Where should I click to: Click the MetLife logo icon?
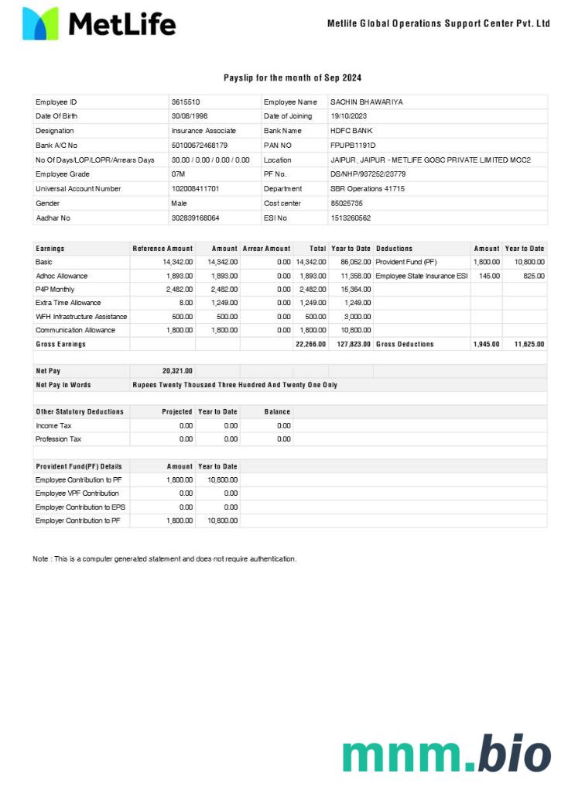(40, 24)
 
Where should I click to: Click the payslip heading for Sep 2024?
(292, 77)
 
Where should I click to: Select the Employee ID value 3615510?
(186, 102)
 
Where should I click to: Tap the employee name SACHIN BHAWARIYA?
(366, 102)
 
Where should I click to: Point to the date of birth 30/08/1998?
(190, 116)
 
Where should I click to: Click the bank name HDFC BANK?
(351, 131)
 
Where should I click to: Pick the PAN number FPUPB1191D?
(353, 146)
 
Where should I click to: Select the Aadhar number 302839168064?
(195, 218)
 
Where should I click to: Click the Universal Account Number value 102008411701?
(195, 189)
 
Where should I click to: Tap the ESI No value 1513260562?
(351, 218)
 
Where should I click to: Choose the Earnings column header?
(50, 249)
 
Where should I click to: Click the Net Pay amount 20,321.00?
(177, 371)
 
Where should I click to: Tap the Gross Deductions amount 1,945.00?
(487, 344)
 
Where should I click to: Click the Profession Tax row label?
(58, 439)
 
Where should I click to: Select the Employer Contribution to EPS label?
(77, 507)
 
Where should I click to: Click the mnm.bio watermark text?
(447, 754)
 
